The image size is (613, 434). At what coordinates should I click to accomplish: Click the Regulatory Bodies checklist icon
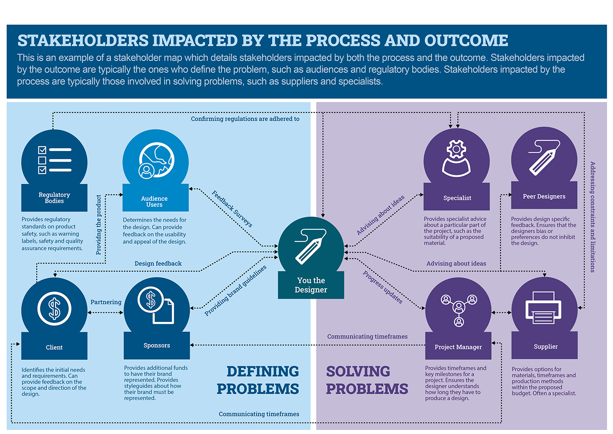tap(54, 160)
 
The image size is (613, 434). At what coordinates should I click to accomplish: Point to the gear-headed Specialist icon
tap(456, 158)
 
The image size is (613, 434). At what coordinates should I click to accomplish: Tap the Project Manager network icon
tap(458, 310)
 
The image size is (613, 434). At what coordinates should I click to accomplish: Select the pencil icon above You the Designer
tap(310, 246)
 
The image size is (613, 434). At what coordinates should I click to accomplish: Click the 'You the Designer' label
tap(311, 285)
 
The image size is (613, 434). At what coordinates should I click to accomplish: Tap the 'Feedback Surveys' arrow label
tap(232, 209)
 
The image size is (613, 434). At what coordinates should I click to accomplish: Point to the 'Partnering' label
tap(106, 302)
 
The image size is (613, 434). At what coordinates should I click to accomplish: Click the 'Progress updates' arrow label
tap(383, 287)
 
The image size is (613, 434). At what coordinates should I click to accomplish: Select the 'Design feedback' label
tap(158, 263)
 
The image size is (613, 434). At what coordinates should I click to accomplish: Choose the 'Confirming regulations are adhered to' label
tap(245, 119)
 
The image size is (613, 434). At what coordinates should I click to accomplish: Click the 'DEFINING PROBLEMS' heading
tap(258, 380)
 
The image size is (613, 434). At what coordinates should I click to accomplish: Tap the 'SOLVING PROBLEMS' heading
tap(366, 380)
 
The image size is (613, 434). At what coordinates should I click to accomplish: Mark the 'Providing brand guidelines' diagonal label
tap(236, 290)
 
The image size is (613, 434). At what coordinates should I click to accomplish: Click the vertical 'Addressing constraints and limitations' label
tap(592, 217)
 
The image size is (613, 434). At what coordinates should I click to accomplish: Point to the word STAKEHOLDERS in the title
tap(83, 41)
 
